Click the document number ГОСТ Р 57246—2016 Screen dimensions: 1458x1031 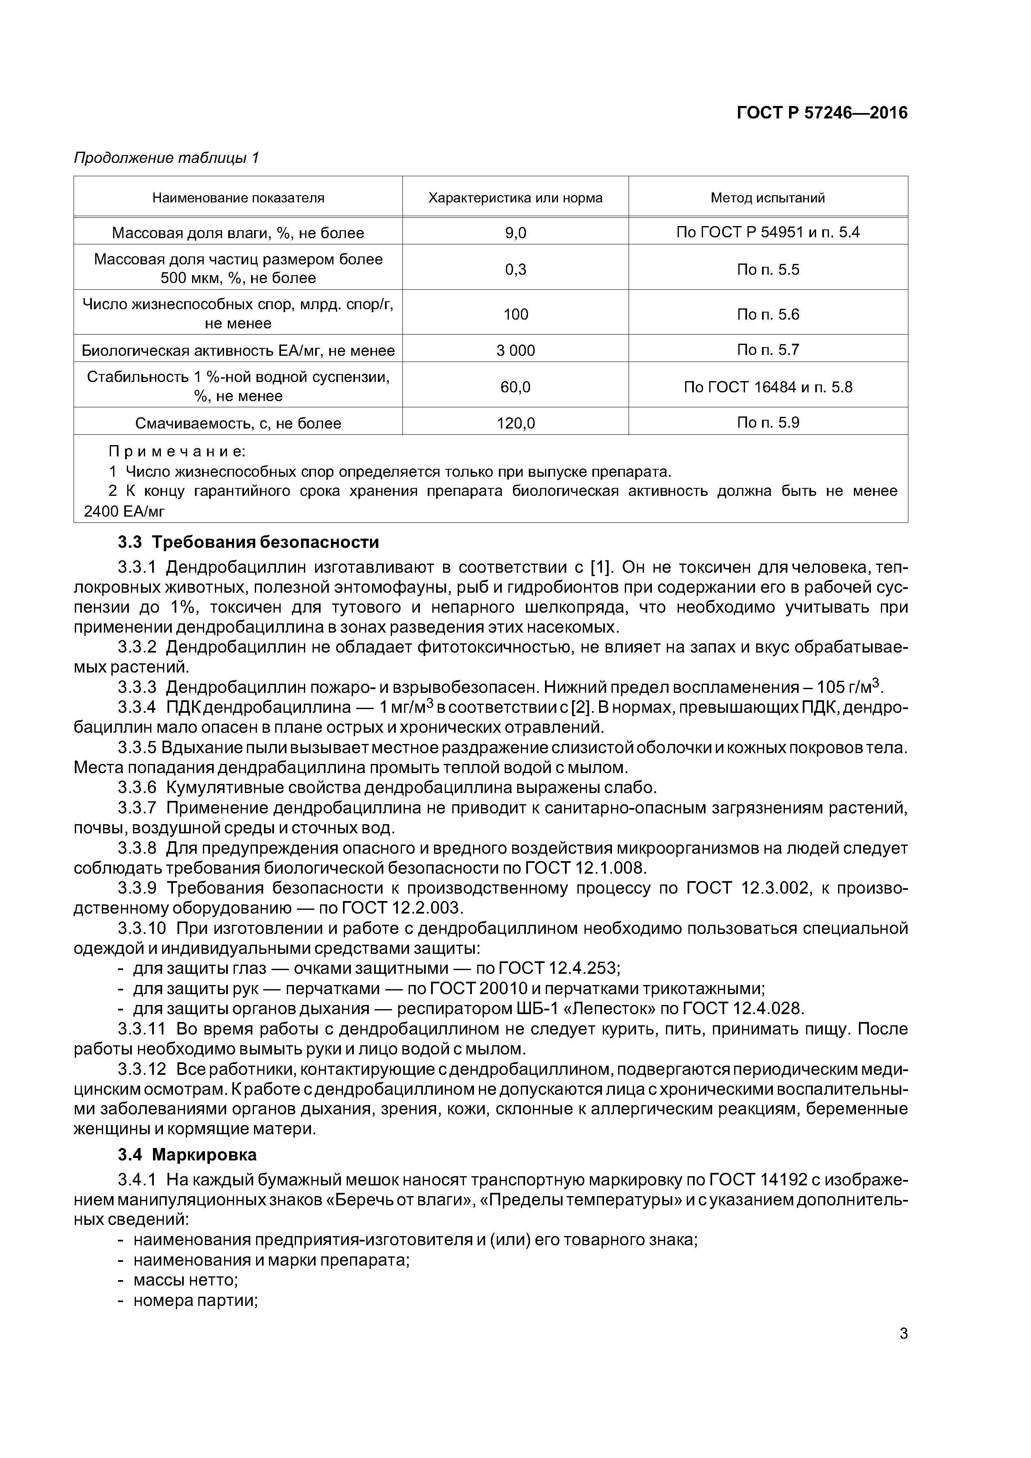tap(821, 113)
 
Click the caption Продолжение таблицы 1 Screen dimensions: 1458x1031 tap(166, 158)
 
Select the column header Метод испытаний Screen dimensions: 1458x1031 tap(767, 197)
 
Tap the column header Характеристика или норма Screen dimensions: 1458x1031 tap(515, 197)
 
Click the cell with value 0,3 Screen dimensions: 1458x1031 tap(515, 269)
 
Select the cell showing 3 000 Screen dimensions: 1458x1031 tap(515, 350)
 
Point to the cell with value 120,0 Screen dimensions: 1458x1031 tap(515, 423)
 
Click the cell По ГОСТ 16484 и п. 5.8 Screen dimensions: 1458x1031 tap(767, 387)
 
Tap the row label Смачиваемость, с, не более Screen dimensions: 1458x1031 tap(238, 423)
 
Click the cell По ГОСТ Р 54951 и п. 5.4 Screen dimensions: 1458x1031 tap(767, 232)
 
